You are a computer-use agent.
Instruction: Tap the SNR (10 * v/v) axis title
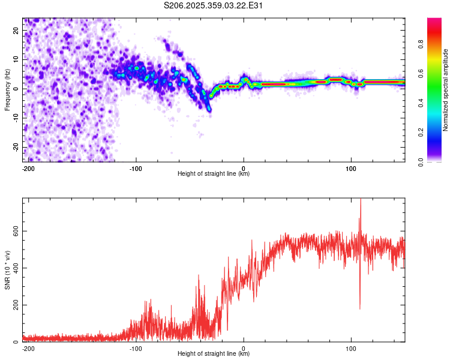[7, 270]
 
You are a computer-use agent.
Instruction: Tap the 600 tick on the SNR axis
[13, 231]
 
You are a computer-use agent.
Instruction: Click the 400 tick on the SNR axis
[13, 268]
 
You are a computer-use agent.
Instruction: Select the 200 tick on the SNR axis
[13, 305]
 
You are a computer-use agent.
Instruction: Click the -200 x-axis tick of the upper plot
[28, 168]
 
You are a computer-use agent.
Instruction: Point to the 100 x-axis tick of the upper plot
[351, 168]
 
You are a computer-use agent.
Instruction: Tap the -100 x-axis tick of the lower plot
[136, 348]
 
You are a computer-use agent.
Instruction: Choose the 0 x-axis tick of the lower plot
[244, 348]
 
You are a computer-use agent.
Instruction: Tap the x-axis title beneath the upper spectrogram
[214, 174]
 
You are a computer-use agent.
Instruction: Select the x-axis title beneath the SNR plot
[214, 354]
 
